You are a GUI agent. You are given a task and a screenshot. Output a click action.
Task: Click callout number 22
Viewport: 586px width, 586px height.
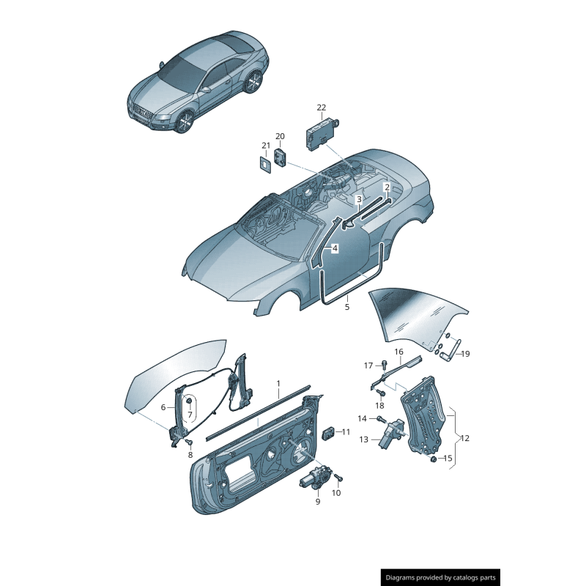[x=321, y=108]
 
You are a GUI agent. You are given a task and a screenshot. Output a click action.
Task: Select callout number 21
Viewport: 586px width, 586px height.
[x=266, y=145]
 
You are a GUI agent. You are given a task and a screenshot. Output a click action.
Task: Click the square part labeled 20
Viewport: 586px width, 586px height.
[x=281, y=155]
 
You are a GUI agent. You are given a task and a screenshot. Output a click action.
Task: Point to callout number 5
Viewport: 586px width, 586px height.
[x=347, y=307]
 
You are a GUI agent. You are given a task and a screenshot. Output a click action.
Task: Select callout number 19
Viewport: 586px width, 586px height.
[x=465, y=354]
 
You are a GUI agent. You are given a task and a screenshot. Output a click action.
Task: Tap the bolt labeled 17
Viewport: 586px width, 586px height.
[x=385, y=363]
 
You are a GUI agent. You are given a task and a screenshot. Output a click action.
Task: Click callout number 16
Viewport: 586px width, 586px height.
[x=399, y=352]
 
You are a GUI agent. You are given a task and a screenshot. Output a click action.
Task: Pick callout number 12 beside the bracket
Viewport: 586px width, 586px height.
[x=464, y=438]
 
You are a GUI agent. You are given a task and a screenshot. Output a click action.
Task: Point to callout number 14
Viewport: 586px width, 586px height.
[x=362, y=418]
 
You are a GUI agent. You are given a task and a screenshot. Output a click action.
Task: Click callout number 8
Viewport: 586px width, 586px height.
[x=191, y=455]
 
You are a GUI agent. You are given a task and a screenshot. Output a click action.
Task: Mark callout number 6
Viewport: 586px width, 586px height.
[x=163, y=407]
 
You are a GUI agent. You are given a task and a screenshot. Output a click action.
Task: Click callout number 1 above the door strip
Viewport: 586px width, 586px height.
[x=278, y=383]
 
